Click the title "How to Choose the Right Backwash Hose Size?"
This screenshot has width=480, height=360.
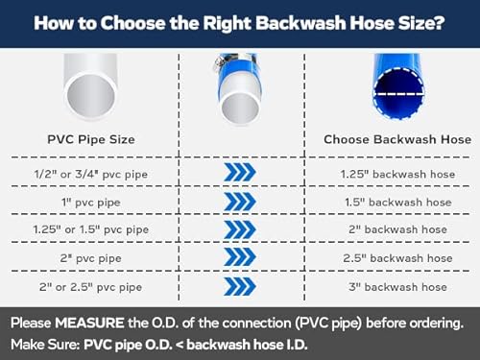tap(239, 21)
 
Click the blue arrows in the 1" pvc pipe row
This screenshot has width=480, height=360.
tap(239, 202)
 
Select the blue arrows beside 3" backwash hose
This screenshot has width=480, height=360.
tap(239, 286)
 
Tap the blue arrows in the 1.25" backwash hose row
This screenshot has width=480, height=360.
tap(239, 172)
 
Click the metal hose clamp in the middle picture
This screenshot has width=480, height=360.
tap(233, 69)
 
